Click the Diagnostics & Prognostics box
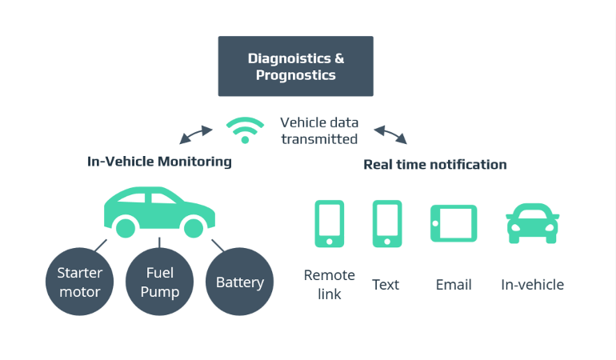[x=295, y=66]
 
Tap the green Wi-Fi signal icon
[x=245, y=130]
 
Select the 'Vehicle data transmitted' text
[x=319, y=131]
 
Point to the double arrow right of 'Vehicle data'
[x=390, y=134]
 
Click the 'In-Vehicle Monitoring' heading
[x=159, y=162]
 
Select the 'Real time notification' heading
[x=434, y=165]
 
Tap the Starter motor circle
[x=79, y=282]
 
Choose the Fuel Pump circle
[x=159, y=282]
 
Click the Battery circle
[x=239, y=282]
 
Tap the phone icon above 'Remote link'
[x=329, y=223]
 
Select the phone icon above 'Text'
[x=387, y=223]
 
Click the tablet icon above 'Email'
[x=454, y=223]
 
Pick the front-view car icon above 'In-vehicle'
[x=532, y=223]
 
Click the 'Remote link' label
[x=329, y=285]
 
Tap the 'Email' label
[x=454, y=285]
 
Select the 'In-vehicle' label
[x=532, y=285]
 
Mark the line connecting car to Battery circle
[x=217, y=245]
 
